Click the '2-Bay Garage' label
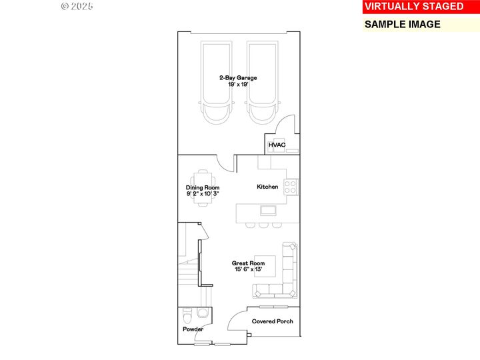click(x=238, y=78)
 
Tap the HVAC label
click(x=277, y=145)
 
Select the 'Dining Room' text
click(x=203, y=188)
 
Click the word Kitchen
click(x=267, y=187)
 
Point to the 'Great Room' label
click(x=249, y=263)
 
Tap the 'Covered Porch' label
click(x=272, y=321)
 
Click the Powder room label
click(x=193, y=329)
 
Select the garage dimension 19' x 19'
click(x=238, y=85)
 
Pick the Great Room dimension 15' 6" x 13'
click(x=249, y=269)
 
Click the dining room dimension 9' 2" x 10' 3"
click(x=203, y=194)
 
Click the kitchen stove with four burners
click(x=291, y=187)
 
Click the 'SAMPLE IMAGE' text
click(x=402, y=24)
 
